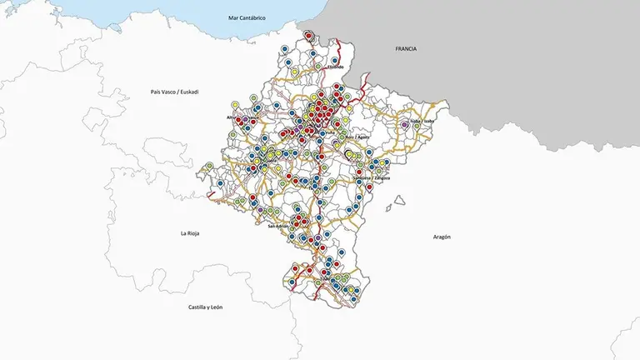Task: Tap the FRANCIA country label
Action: coord(406,49)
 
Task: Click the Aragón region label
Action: coord(442,237)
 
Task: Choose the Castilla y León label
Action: coord(205,307)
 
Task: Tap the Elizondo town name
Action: coord(331,67)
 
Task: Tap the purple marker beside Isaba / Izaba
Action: coord(405,123)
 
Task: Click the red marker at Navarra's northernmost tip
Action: coord(309,35)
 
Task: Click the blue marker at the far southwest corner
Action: coord(292,282)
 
